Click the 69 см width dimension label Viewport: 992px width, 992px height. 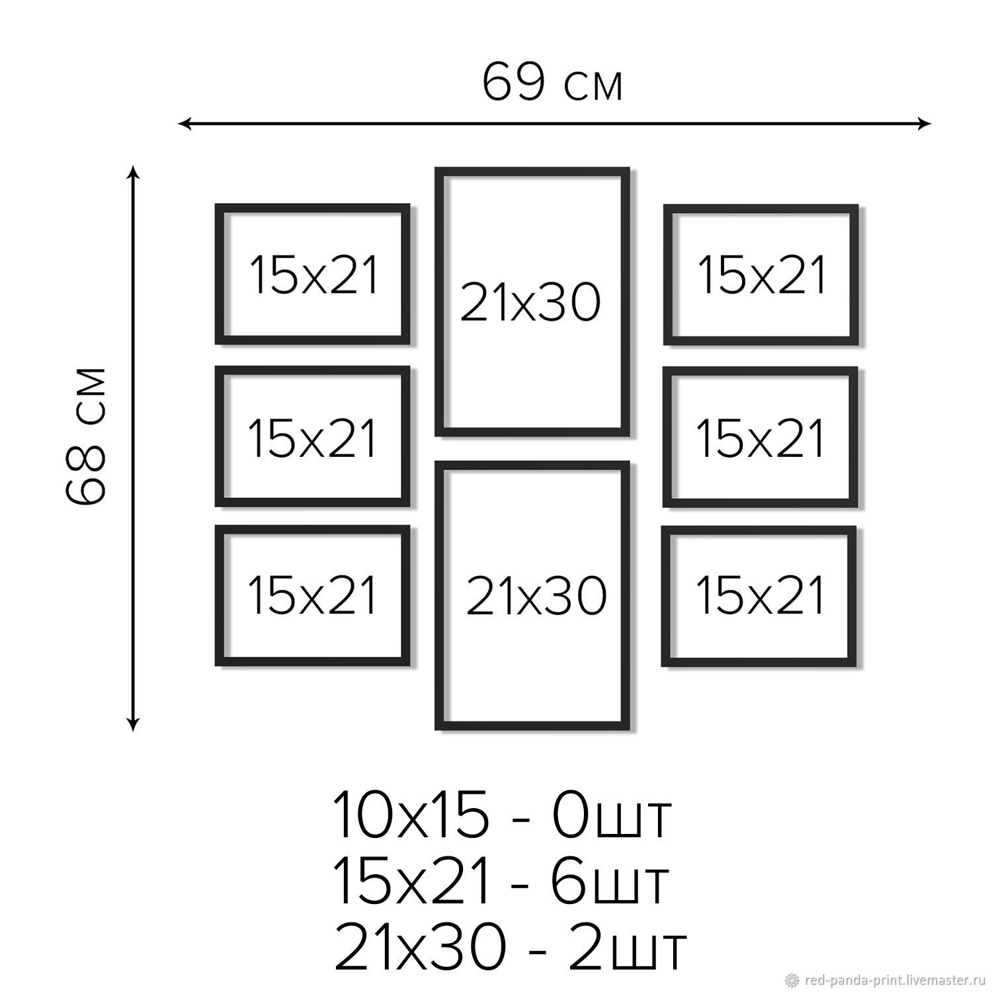pyautogui.click(x=552, y=83)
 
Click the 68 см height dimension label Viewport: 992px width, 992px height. pyautogui.click(x=86, y=436)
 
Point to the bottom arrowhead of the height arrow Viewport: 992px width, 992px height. pyautogui.click(x=134, y=723)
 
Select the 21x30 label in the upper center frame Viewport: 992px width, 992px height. pyautogui.click(x=530, y=302)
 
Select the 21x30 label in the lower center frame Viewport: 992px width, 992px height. pyautogui.click(x=536, y=595)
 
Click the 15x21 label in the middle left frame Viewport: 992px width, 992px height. pyautogui.click(x=313, y=438)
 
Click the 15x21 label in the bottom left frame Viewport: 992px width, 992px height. pyautogui.click(x=313, y=595)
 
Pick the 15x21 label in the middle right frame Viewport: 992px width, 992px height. pyautogui.click(x=761, y=438)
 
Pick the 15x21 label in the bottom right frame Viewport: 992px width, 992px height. pyautogui.click(x=761, y=595)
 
